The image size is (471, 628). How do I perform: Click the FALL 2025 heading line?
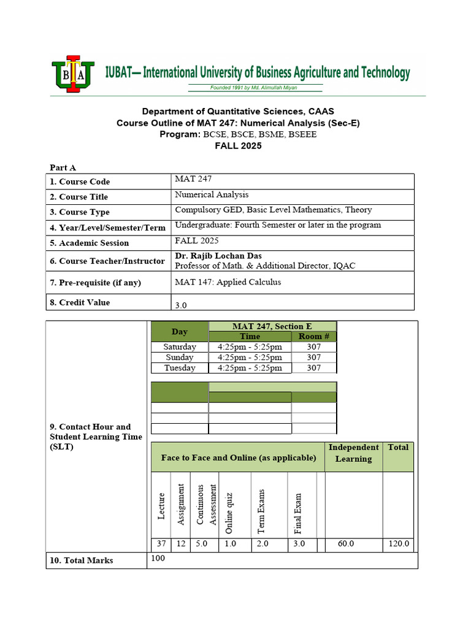click(237, 145)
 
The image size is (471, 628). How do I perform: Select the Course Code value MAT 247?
click(192, 178)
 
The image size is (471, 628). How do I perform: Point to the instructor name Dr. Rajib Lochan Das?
click(218, 255)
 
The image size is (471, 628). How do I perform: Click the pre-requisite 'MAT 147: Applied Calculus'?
click(228, 282)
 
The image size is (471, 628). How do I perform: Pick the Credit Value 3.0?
click(181, 305)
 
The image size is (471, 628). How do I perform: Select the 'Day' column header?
click(179, 332)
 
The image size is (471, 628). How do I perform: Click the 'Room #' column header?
click(314, 337)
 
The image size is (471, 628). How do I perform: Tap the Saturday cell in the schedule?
click(179, 347)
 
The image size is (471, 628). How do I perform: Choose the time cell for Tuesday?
click(250, 368)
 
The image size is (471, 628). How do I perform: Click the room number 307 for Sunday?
click(314, 358)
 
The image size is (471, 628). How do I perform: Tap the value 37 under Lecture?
click(161, 544)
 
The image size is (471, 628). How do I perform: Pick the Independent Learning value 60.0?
click(346, 544)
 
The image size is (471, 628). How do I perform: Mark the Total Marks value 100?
click(158, 558)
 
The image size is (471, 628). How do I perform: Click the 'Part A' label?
click(63, 167)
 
